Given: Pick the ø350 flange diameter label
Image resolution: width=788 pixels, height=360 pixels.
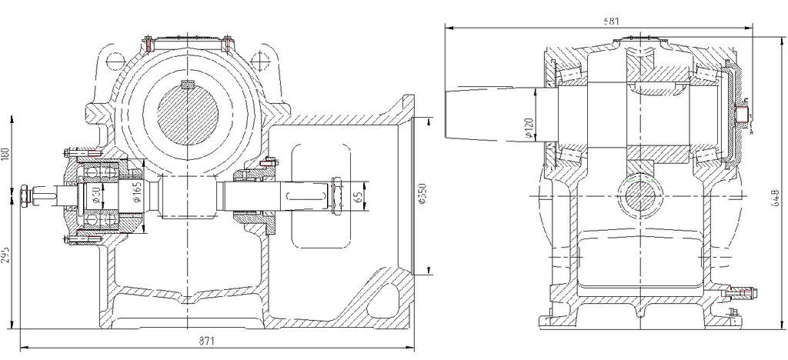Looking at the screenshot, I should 419,196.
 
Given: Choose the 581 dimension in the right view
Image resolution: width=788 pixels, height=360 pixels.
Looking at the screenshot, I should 613,21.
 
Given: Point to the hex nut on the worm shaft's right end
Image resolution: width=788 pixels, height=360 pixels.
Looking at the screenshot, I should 336,196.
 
